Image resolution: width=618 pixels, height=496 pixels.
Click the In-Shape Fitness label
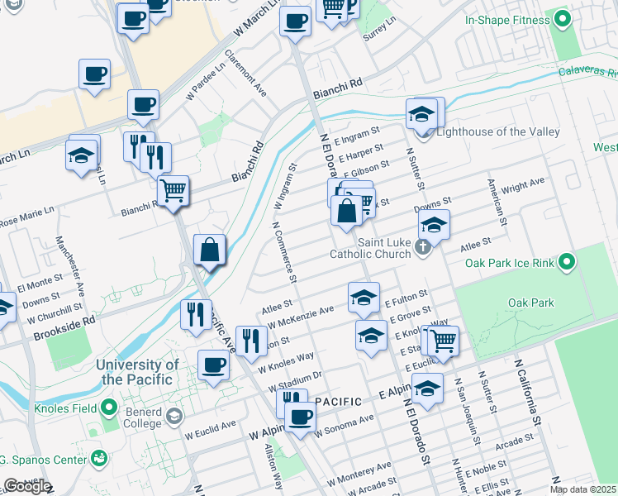tap(506, 20)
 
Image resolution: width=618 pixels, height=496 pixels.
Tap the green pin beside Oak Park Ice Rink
tap(565, 263)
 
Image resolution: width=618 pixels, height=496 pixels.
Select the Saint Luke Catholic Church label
tap(384, 248)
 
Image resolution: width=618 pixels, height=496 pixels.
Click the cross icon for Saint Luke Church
tap(422, 246)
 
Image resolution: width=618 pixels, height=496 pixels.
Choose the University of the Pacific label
tap(137, 372)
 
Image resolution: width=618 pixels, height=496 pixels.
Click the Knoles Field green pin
tap(108, 408)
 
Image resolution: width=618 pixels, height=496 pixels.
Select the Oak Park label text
tap(531, 303)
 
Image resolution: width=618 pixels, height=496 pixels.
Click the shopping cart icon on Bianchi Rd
tap(174, 191)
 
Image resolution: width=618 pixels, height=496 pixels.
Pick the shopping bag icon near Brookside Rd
tap(210, 249)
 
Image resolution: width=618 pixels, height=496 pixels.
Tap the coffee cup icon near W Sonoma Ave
tap(301, 416)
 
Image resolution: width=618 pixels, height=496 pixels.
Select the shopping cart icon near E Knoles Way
tap(443, 339)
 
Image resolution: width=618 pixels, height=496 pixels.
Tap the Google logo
tap(27, 486)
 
